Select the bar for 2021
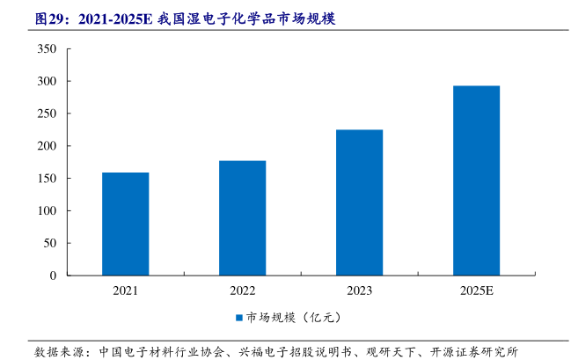[x=125, y=224]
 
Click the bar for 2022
[x=242, y=217]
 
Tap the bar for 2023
[x=359, y=202]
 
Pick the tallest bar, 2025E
[x=476, y=180]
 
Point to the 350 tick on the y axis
[x=48, y=49]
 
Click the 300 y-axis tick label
[x=48, y=82]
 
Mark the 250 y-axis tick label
[x=48, y=114]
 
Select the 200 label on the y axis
[x=48, y=146]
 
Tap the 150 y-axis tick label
[x=48, y=179]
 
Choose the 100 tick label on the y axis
[x=48, y=211]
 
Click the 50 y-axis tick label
[x=51, y=243]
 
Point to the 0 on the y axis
[x=54, y=276]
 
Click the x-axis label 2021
[x=125, y=290]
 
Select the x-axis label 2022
[x=242, y=290]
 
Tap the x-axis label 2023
[x=359, y=290]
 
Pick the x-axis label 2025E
[x=476, y=290]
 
